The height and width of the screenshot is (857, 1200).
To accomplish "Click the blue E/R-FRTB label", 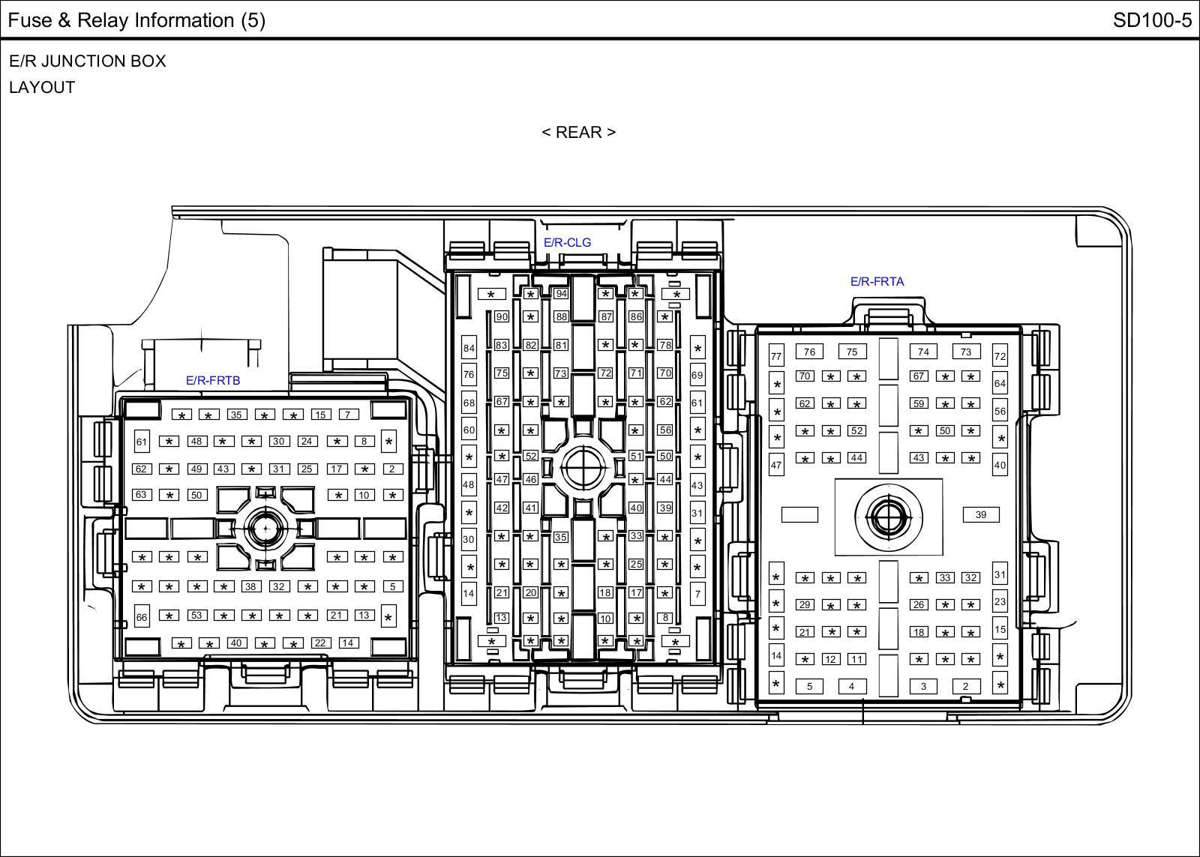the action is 213,380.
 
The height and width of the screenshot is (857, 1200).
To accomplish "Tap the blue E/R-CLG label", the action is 567,243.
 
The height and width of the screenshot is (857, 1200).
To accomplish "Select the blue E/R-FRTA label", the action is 877,282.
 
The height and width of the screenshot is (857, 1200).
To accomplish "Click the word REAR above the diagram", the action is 578,132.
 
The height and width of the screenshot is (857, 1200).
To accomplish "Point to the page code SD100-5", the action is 1152,20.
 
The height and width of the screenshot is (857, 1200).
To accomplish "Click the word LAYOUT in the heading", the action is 42,87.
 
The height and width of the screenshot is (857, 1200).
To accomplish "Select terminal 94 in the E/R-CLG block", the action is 561,293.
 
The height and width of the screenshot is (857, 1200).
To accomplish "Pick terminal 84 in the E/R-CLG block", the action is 469,348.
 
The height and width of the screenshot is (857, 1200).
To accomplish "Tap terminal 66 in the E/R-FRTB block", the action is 142,617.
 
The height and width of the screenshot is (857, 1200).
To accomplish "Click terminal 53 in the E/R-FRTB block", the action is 196,615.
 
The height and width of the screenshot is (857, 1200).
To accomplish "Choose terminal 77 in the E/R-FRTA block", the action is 776,356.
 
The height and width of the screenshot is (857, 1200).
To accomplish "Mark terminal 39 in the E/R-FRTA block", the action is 981,515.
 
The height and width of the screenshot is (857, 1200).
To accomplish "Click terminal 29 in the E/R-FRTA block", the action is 805,605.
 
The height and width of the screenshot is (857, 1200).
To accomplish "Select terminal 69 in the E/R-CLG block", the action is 697,375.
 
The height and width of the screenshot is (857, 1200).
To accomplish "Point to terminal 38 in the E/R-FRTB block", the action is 250,586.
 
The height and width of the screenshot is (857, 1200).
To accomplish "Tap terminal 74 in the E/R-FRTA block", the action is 923,352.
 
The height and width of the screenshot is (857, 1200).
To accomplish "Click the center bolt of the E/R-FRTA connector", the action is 889,517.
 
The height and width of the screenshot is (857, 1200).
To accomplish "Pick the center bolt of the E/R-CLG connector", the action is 583,468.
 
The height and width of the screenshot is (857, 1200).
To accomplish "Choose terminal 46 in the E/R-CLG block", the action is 530,479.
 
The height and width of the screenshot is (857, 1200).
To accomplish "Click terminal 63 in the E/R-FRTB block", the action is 141,494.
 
